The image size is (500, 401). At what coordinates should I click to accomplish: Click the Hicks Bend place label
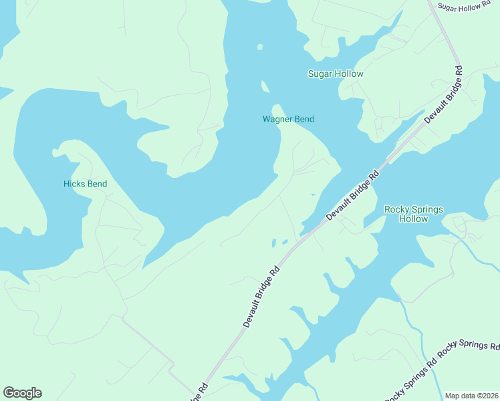[85, 184]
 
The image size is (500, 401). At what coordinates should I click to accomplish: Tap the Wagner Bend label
[288, 120]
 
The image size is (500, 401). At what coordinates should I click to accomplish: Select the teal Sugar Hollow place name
[336, 74]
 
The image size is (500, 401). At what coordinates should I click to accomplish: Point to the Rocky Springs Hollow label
[413, 214]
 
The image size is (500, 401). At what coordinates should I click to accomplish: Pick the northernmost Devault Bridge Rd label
[443, 94]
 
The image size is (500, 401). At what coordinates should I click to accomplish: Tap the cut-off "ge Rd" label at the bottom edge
[200, 391]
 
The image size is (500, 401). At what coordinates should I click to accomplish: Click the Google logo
[22, 393]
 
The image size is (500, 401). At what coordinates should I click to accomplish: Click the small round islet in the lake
[260, 47]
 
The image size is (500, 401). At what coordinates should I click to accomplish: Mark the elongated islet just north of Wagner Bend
[265, 87]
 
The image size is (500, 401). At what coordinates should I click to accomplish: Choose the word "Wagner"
[277, 120]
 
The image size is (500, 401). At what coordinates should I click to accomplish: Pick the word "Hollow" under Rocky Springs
[413, 219]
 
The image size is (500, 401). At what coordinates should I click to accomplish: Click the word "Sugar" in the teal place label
[320, 74]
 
